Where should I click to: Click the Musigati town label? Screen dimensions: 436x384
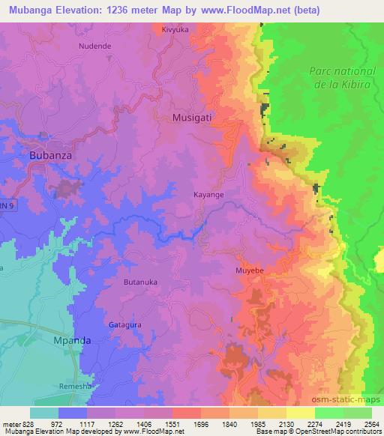195,118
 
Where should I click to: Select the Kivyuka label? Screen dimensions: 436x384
175,30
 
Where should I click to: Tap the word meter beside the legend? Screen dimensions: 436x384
13,423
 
